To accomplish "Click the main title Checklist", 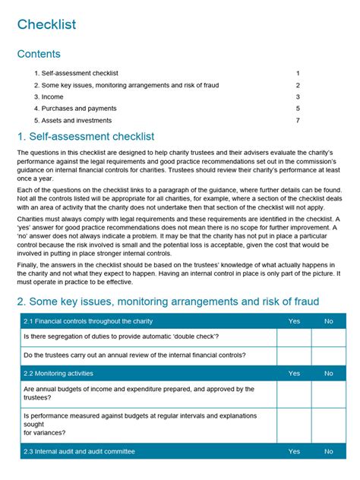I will click(x=46, y=24).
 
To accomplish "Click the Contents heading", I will click(x=39, y=55).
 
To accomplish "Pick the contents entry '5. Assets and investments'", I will click(x=73, y=121).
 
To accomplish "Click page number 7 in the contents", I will click(x=298, y=121).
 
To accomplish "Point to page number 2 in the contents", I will click(x=298, y=85).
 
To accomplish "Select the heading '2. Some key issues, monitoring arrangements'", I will click(x=168, y=302).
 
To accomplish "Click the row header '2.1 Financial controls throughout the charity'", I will click(x=89, y=321).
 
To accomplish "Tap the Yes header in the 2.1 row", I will click(x=294, y=321).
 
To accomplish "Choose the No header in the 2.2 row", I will click(x=328, y=374).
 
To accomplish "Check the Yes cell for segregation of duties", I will click(x=294, y=337).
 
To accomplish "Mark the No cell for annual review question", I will click(x=328, y=355).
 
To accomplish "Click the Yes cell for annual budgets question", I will click(x=294, y=393).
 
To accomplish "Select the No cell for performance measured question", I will click(x=328, y=425).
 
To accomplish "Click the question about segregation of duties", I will click(x=122, y=337).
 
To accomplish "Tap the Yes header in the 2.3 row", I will click(x=294, y=451).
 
